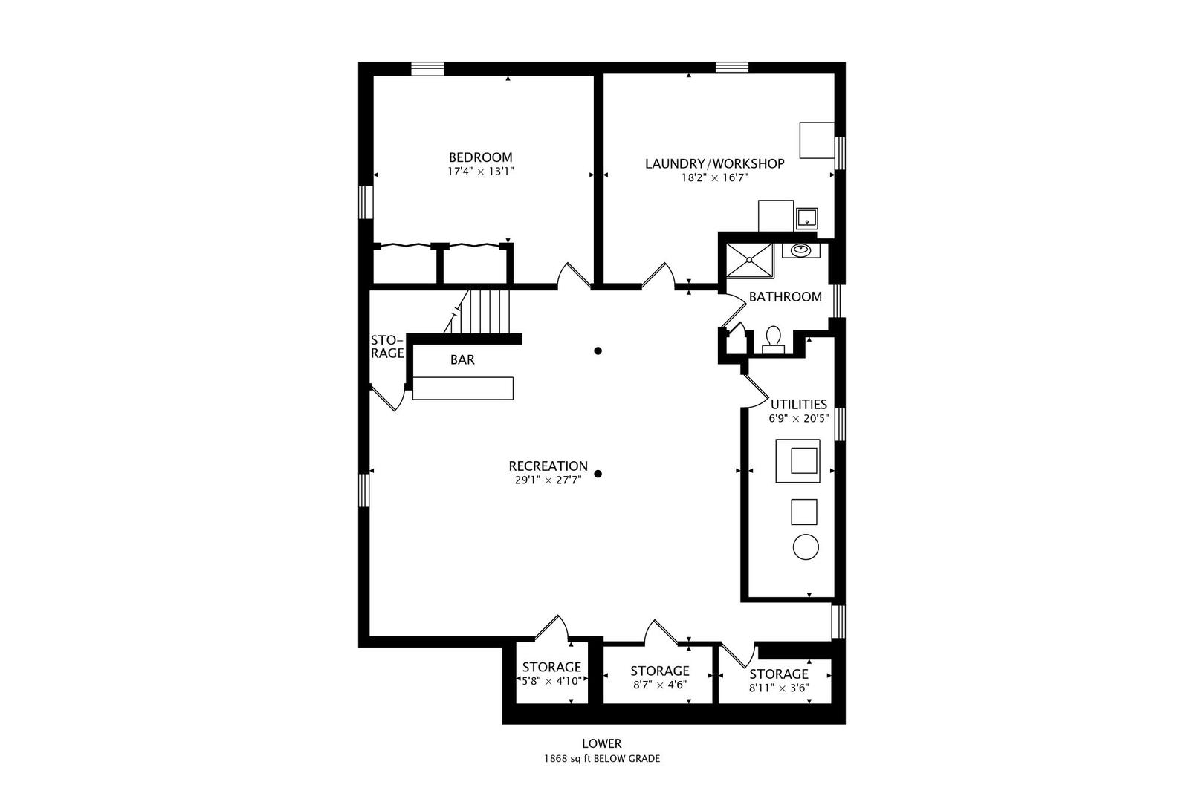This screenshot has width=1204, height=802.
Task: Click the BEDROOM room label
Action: pos(481,157)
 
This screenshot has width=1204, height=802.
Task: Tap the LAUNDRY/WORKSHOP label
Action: pos(714,163)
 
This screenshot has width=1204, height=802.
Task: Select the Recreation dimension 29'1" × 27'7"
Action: pos(548,480)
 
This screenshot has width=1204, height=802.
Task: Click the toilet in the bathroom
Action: pos(773,340)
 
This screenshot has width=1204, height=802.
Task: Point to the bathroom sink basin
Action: pos(801,250)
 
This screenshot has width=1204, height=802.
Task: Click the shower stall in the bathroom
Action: pos(750,261)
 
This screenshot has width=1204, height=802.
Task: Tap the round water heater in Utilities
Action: pos(806,547)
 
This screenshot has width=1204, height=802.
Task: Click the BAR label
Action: pos(462,360)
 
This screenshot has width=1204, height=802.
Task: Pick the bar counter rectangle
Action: pos(463,388)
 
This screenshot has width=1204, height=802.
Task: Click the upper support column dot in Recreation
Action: pos(598,351)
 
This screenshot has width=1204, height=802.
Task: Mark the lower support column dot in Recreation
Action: pos(598,474)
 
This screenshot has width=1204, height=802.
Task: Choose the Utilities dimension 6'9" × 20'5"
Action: pos(799,418)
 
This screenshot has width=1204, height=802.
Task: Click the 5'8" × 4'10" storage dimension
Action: pos(551,681)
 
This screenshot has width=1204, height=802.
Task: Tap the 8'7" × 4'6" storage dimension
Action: pos(659,685)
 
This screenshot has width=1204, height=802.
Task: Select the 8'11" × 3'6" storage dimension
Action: pos(778,688)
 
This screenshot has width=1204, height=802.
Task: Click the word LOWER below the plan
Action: pos(602,743)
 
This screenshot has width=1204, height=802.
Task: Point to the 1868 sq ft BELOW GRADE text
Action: pos(602,759)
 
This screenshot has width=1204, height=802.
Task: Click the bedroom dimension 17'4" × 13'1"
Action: pos(481,172)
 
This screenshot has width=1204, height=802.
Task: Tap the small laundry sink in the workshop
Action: pos(807,218)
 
